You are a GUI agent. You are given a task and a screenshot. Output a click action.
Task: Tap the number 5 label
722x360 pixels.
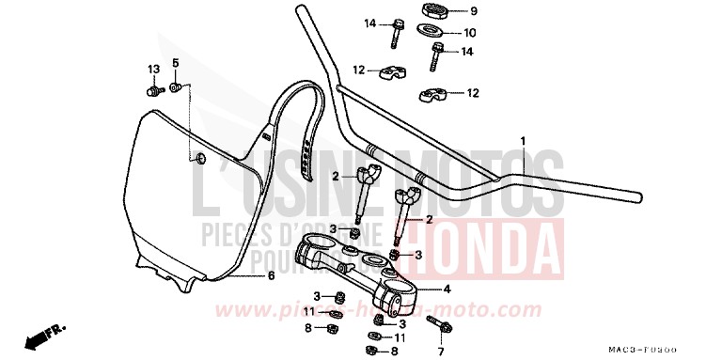(174, 63)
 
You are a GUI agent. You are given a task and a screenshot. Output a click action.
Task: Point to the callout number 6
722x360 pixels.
(271, 276)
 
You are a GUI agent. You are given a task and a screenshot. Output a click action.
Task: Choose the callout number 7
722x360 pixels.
(439, 352)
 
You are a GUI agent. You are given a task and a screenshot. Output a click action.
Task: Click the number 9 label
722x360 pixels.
(474, 11)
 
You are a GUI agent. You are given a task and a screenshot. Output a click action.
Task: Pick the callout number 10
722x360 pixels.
(470, 32)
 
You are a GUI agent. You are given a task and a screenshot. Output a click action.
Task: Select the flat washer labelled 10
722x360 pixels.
(437, 30)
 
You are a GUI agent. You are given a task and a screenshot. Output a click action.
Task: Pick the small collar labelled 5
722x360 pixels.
(175, 88)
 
